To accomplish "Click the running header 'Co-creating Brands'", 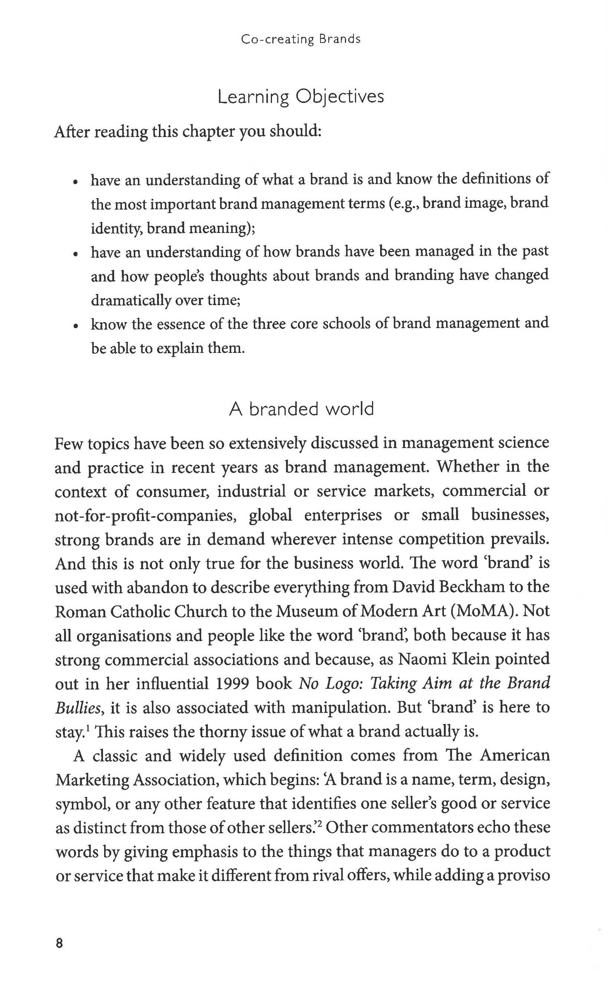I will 300,39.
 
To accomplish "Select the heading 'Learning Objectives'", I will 300,97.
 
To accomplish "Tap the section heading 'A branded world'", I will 301,409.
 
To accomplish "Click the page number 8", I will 59,944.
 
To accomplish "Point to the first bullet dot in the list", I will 75,182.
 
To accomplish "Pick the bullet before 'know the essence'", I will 75,327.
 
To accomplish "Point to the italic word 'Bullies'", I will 77,708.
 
